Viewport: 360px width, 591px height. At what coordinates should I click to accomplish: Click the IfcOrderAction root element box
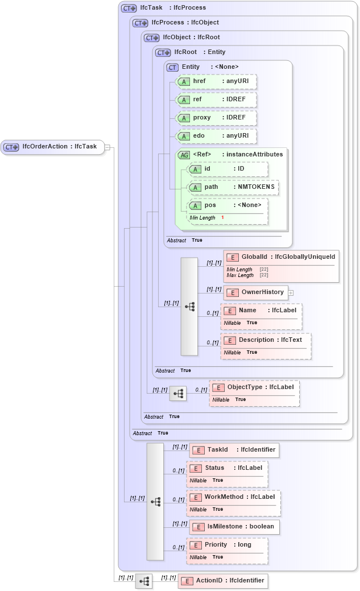[x=52, y=147]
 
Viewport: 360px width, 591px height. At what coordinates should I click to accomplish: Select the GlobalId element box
[x=282, y=257]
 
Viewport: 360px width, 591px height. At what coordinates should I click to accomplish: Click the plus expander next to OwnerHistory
[x=291, y=293]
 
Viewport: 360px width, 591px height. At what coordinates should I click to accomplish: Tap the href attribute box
[x=216, y=81]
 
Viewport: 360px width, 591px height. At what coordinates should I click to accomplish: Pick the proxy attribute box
[x=216, y=118]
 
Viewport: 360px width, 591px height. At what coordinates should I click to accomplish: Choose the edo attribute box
[x=216, y=136]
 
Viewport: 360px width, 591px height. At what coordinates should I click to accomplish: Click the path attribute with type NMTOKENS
[x=233, y=187]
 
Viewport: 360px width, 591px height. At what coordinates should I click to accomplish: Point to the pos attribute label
[x=210, y=205]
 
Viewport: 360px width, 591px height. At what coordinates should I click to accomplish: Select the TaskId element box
[x=234, y=450]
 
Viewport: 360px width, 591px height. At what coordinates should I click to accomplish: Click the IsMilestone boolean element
[x=234, y=527]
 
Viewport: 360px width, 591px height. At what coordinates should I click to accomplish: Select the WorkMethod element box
[x=233, y=497]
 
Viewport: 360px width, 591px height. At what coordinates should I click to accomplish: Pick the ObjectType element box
[x=254, y=387]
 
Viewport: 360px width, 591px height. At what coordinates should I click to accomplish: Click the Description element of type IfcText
[x=266, y=340]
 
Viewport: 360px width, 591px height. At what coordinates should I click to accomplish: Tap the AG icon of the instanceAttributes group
[x=184, y=155]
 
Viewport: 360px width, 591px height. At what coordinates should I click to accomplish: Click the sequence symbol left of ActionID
[x=144, y=581]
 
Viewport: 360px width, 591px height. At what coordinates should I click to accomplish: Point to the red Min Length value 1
[x=222, y=218]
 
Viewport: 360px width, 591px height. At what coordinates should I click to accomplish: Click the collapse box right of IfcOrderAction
[x=107, y=147]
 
